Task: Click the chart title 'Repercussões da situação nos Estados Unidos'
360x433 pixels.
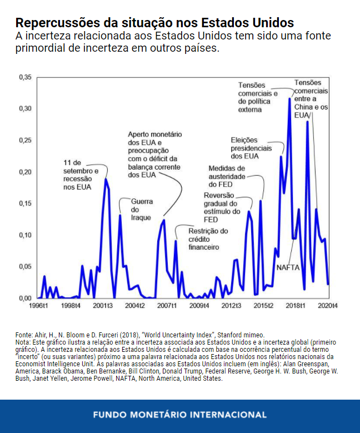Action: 154,23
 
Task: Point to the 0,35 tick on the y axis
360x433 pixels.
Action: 25,77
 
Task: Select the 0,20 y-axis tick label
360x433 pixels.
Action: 25,172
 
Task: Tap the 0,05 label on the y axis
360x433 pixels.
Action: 25,267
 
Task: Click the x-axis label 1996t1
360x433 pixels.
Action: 38,306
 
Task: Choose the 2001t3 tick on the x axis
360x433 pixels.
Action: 103,306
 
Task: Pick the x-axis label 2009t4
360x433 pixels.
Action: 199,306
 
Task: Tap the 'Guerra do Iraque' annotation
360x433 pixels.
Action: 142,209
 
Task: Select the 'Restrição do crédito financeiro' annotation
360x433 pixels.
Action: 208,238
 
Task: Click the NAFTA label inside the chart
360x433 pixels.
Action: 288,268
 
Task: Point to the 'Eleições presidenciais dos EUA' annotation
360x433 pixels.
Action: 252,148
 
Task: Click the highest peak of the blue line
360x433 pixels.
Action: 289,99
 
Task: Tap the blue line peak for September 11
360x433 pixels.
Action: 106,180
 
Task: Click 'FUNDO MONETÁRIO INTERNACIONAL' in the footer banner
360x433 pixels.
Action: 179,415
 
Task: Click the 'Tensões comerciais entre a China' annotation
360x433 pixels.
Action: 311,98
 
